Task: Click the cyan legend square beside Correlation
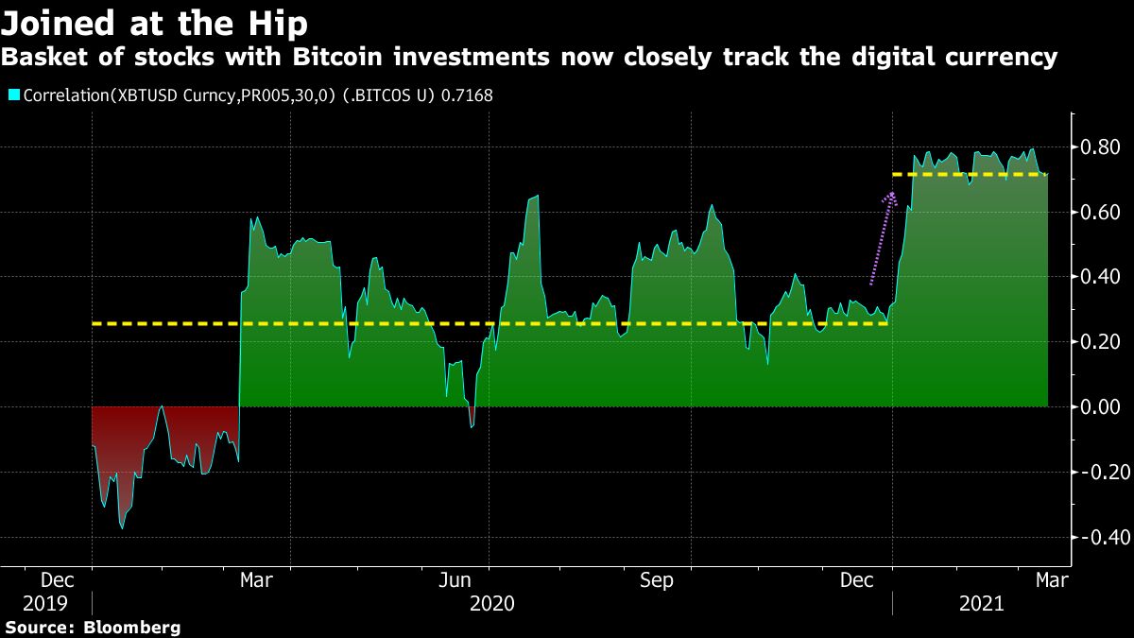pos(13,95)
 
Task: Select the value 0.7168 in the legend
pos(467,95)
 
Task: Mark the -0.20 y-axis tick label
pos(1097,472)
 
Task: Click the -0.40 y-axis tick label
pos(1097,537)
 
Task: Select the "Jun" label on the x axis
pos(457,580)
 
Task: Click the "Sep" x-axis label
pos(656,580)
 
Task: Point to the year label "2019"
pos(45,603)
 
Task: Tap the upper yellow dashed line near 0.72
pos(973,175)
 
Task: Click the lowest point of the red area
pos(122,527)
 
